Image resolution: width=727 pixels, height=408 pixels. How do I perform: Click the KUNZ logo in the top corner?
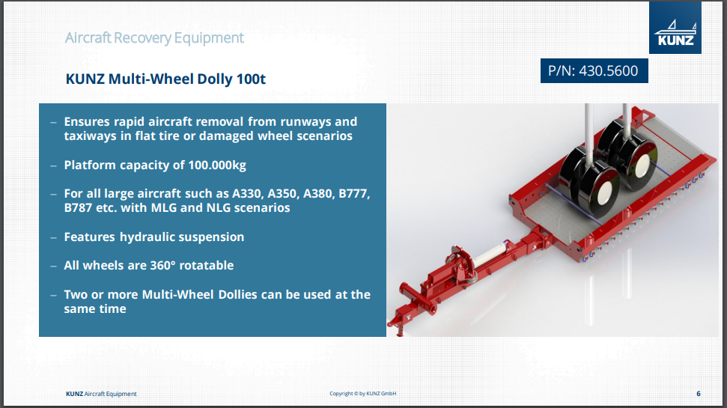675,28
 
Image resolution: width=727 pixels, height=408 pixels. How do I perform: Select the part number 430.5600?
608,71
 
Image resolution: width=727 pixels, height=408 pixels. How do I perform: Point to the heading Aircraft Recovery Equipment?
154,37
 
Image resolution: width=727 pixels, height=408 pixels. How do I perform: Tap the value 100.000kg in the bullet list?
217,165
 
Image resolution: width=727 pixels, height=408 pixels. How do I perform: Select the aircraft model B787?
78,207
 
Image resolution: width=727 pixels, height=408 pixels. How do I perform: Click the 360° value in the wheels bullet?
162,266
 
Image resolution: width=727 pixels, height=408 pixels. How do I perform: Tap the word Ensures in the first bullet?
87,122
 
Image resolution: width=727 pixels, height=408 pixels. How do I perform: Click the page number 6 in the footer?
699,394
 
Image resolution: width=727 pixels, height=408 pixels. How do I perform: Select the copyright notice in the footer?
362,394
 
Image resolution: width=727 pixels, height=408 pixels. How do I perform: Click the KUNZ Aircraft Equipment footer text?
101,394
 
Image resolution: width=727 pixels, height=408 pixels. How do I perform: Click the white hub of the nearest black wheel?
606,193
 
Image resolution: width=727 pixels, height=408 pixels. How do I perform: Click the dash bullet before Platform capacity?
53,166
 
